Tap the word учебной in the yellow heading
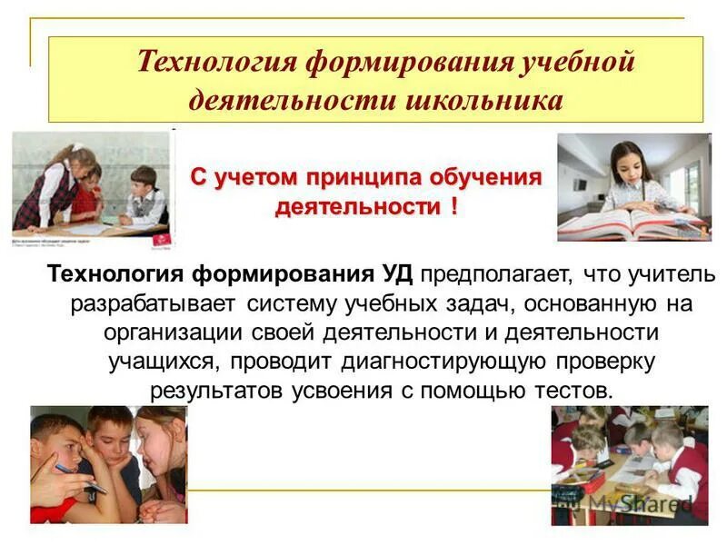tap(567, 64)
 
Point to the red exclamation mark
tap(452, 206)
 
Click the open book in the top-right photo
tap(627, 223)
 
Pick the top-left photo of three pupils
tap(91, 188)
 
